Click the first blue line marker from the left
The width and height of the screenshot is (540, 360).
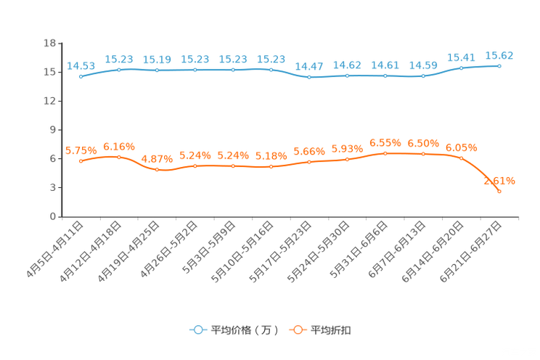coord(81,75)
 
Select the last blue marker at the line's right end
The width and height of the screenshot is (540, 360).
coord(499,66)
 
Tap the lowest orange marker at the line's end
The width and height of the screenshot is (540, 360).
coord(499,191)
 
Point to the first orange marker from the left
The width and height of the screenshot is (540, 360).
coord(81,160)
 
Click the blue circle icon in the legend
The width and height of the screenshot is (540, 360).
coord(197,330)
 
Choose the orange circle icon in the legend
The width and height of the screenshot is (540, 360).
coord(296,330)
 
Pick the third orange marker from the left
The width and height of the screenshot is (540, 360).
coord(157,169)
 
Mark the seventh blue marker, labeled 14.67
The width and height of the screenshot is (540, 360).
coord(309,76)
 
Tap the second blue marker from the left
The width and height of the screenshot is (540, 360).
coord(119,70)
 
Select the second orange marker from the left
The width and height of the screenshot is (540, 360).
coord(119,157)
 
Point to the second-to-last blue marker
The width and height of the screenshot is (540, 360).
coord(462,68)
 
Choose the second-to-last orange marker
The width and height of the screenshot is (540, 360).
coord(462,157)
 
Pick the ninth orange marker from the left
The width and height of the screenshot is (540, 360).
coord(385,153)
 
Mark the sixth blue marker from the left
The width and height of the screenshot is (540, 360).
coord(271,70)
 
